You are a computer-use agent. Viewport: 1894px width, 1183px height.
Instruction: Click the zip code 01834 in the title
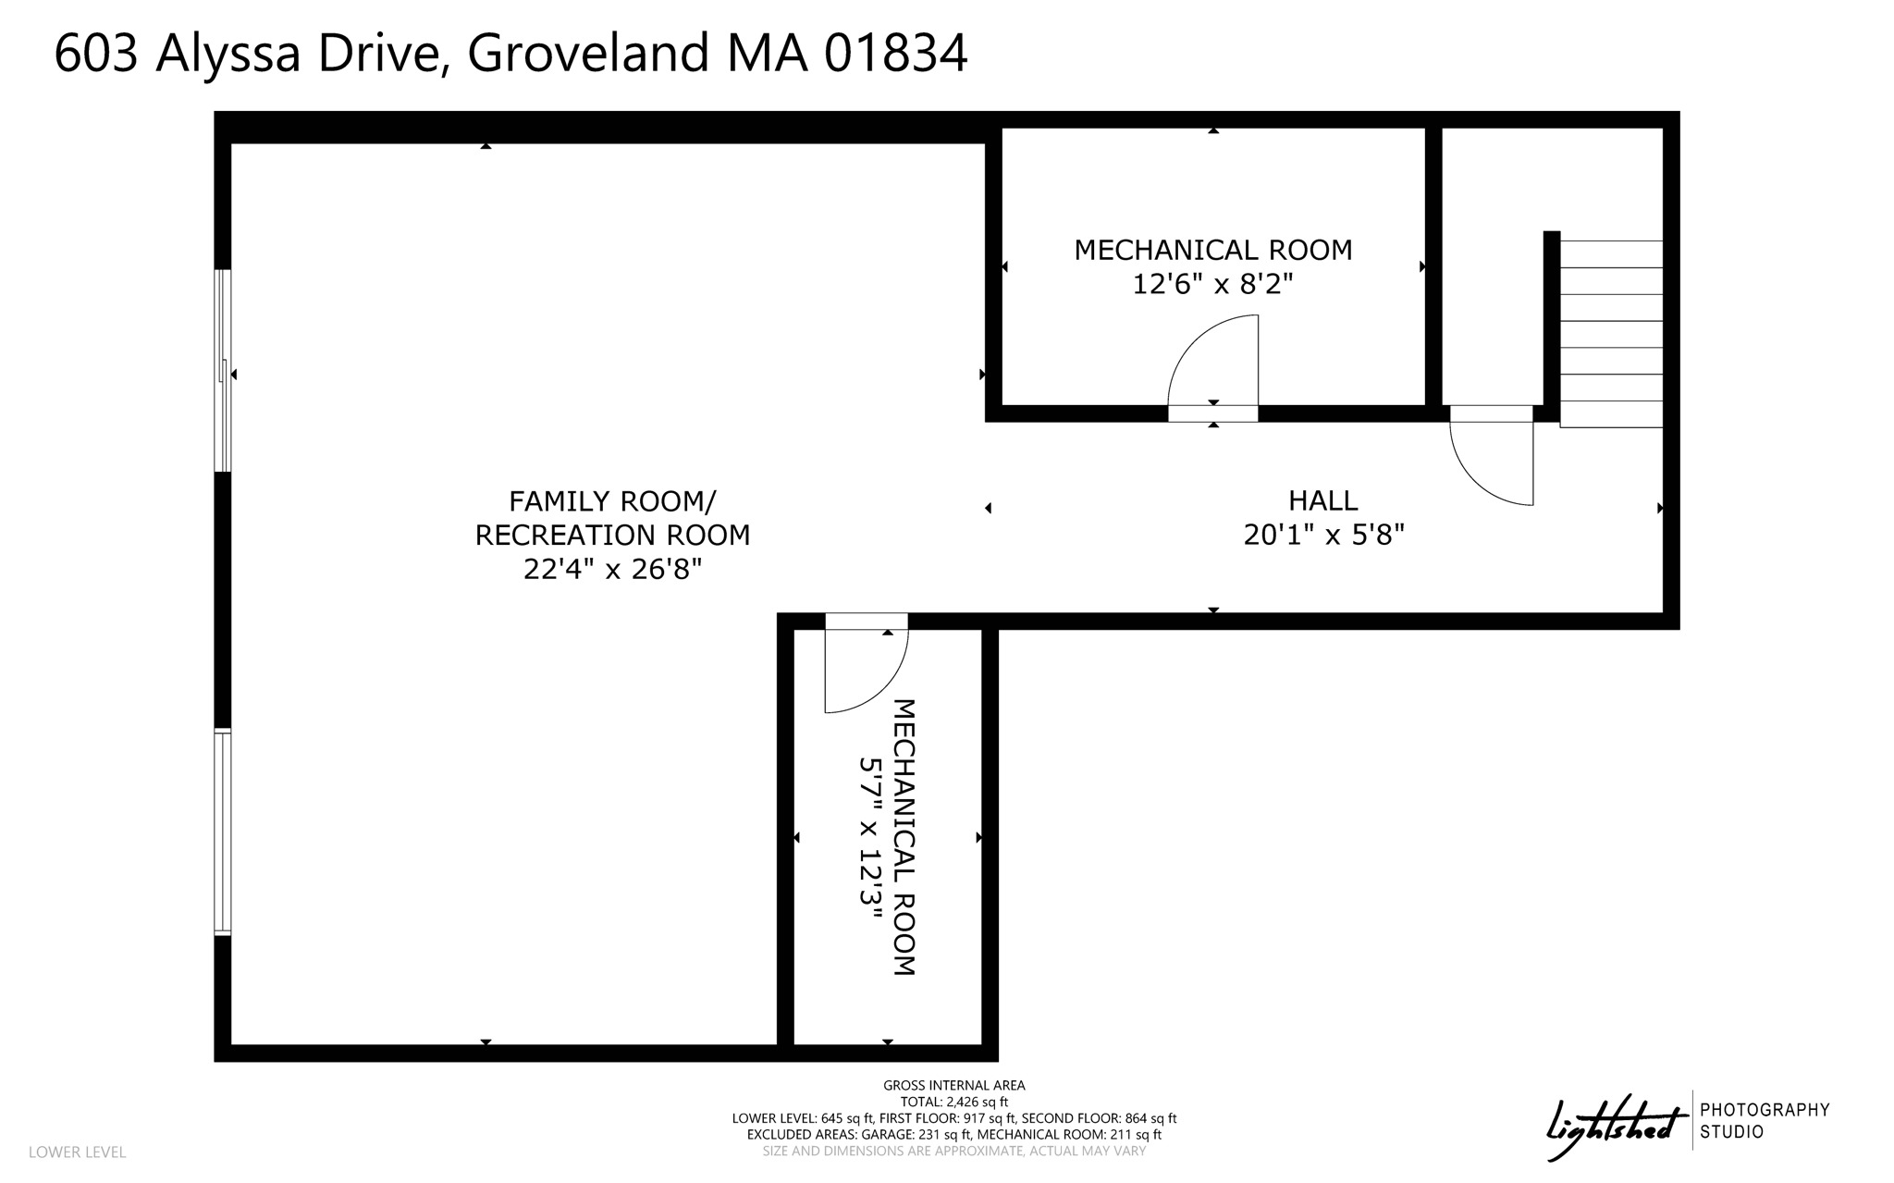tap(895, 53)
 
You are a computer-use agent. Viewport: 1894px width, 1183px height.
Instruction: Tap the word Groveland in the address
tap(588, 53)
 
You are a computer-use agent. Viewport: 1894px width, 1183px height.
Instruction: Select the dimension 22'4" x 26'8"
tap(612, 569)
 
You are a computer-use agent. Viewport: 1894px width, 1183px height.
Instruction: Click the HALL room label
tap(1323, 500)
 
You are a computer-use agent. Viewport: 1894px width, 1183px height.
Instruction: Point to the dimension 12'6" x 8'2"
tap(1212, 284)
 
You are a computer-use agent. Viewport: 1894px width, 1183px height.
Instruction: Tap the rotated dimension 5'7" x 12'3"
tap(870, 837)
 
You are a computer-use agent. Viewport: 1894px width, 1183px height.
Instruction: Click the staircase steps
tap(1611, 333)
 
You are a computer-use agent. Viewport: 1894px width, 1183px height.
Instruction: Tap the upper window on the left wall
tap(223, 370)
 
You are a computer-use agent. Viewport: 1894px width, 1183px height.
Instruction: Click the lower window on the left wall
tap(223, 832)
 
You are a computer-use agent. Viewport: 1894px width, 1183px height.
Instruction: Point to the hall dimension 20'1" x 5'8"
tap(1323, 535)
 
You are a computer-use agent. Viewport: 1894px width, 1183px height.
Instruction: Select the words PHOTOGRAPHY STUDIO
tap(1765, 1120)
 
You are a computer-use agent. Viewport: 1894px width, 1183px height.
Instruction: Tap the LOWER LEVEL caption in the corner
tap(77, 1152)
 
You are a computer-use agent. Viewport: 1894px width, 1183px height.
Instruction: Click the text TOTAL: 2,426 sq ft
tap(953, 1102)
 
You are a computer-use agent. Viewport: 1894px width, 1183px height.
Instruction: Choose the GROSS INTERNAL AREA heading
tap(953, 1085)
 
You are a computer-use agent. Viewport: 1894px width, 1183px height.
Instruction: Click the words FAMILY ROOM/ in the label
tap(612, 501)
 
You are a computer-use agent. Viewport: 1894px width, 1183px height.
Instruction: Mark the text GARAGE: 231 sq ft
tap(916, 1135)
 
